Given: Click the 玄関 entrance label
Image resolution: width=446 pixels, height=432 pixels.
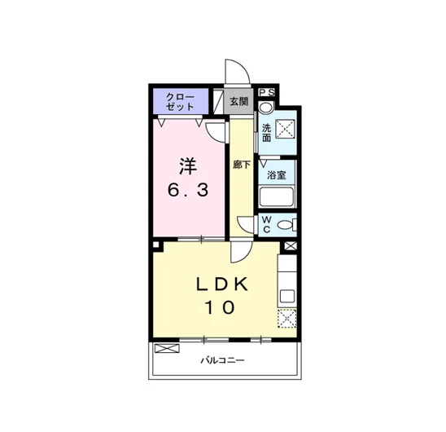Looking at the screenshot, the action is click(238, 101).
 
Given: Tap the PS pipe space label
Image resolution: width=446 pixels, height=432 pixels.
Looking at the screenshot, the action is click(267, 92).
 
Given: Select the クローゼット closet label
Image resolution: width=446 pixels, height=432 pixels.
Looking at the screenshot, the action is click(180, 102).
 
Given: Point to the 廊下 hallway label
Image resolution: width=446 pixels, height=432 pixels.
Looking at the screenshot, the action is click(242, 165).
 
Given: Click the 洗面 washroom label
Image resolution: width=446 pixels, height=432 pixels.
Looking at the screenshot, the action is click(266, 133).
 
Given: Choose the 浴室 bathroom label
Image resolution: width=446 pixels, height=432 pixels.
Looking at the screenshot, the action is click(277, 175).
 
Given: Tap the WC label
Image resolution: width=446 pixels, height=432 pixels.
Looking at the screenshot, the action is click(266, 224).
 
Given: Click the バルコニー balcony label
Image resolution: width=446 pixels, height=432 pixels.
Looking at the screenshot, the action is click(222, 361).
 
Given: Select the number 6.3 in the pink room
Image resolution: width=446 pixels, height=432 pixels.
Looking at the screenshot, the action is click(188, 190).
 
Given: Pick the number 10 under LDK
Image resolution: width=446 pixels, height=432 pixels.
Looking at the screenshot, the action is click(220, 307).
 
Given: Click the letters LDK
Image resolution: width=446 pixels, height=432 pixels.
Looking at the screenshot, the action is click(222, 284).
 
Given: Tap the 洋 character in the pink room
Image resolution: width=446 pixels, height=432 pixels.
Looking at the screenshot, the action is click(188, 166).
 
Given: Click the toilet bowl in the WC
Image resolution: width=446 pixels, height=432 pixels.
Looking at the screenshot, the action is click(286, 225).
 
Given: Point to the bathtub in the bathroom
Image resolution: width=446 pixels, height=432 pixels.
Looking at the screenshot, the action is click(277, 197).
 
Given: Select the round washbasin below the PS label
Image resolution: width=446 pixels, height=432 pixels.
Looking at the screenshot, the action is click(266, 108).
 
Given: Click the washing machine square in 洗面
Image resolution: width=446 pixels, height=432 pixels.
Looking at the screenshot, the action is click(285, 129).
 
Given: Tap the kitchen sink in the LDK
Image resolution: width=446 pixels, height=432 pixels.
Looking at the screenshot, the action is click(287, 297).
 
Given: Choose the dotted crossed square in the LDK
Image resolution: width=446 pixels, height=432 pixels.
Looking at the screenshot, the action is click(287, 318).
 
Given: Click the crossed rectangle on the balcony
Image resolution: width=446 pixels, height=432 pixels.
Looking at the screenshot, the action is click(167, 348).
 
